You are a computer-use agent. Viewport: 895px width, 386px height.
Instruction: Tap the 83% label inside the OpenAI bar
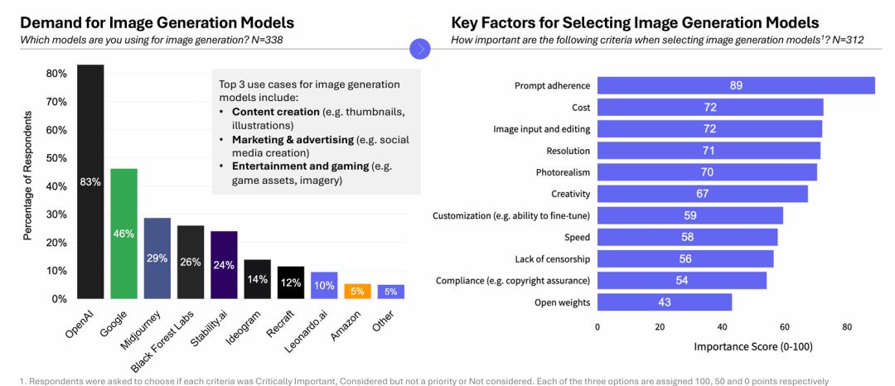(x=90, y=182)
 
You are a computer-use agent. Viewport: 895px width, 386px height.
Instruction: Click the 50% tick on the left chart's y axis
(x=57, y=158)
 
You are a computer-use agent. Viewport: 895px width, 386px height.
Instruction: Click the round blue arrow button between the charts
(x=421, y=49)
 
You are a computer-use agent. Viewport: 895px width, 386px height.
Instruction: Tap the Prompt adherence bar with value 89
(x=736, y=85)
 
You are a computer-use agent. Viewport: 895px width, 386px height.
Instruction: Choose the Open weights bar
(x=665, y=302)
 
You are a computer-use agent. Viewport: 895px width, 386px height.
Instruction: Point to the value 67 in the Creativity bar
(x=703, y=194)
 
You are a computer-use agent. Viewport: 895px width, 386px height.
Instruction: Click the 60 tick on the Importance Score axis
(x=784, y=327)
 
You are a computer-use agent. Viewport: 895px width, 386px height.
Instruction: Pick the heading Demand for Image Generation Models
(x=157, y=22)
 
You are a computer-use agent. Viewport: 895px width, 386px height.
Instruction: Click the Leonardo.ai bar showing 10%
(x=324, y=285)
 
